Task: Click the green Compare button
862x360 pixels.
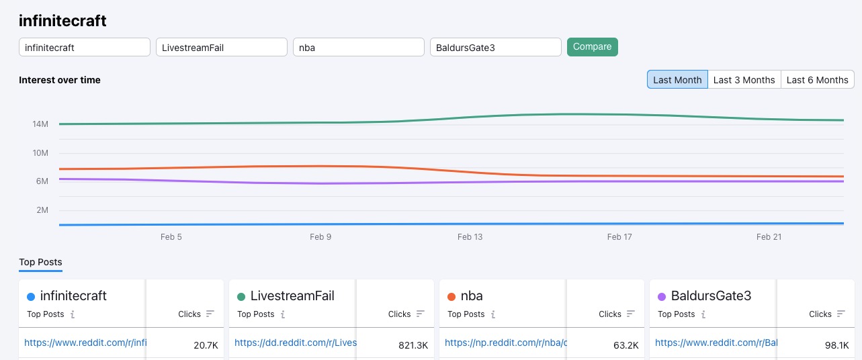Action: [592, 47]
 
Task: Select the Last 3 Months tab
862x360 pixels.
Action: [744, 79]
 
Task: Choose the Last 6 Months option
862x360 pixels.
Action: [817, 79]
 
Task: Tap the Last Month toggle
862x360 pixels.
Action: [677, 79]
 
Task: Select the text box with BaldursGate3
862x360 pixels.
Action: [495, 47]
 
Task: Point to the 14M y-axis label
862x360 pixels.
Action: [40, 124]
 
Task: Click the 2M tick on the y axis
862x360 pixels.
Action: [42, 210]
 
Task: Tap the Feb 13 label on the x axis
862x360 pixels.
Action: [470, 237]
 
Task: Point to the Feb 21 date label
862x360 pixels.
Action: [769, 237]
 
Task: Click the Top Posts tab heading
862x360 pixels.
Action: [40, 262]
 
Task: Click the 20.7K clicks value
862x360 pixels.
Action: [205, 345]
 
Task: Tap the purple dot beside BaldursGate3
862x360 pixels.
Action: [662, 297]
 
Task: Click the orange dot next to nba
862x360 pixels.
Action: [451, 297]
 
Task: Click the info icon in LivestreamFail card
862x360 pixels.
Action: [283, 314]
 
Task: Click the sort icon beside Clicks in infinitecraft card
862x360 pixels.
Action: [210, 314]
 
